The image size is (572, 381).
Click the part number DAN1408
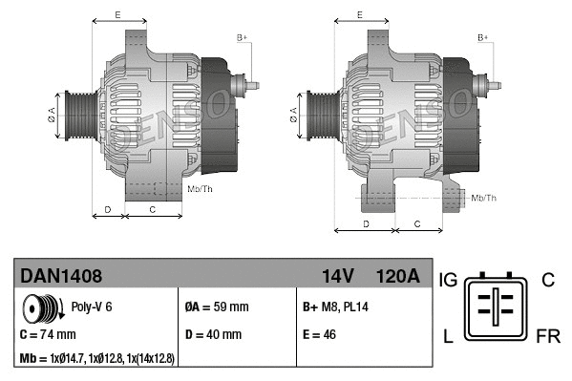point(61,276)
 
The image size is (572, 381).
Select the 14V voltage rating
point(337,276)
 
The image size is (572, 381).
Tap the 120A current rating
point(397,276)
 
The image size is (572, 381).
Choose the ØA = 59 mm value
point(216,307)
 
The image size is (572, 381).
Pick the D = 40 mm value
point(214,335)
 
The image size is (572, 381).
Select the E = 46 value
point(323,335)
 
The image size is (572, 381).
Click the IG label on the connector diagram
point(450,280)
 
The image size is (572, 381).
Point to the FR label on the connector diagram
point(548,338)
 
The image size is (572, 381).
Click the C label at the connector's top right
point(547,280)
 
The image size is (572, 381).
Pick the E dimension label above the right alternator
point(359,14)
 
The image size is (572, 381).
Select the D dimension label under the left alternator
point(108,208)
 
